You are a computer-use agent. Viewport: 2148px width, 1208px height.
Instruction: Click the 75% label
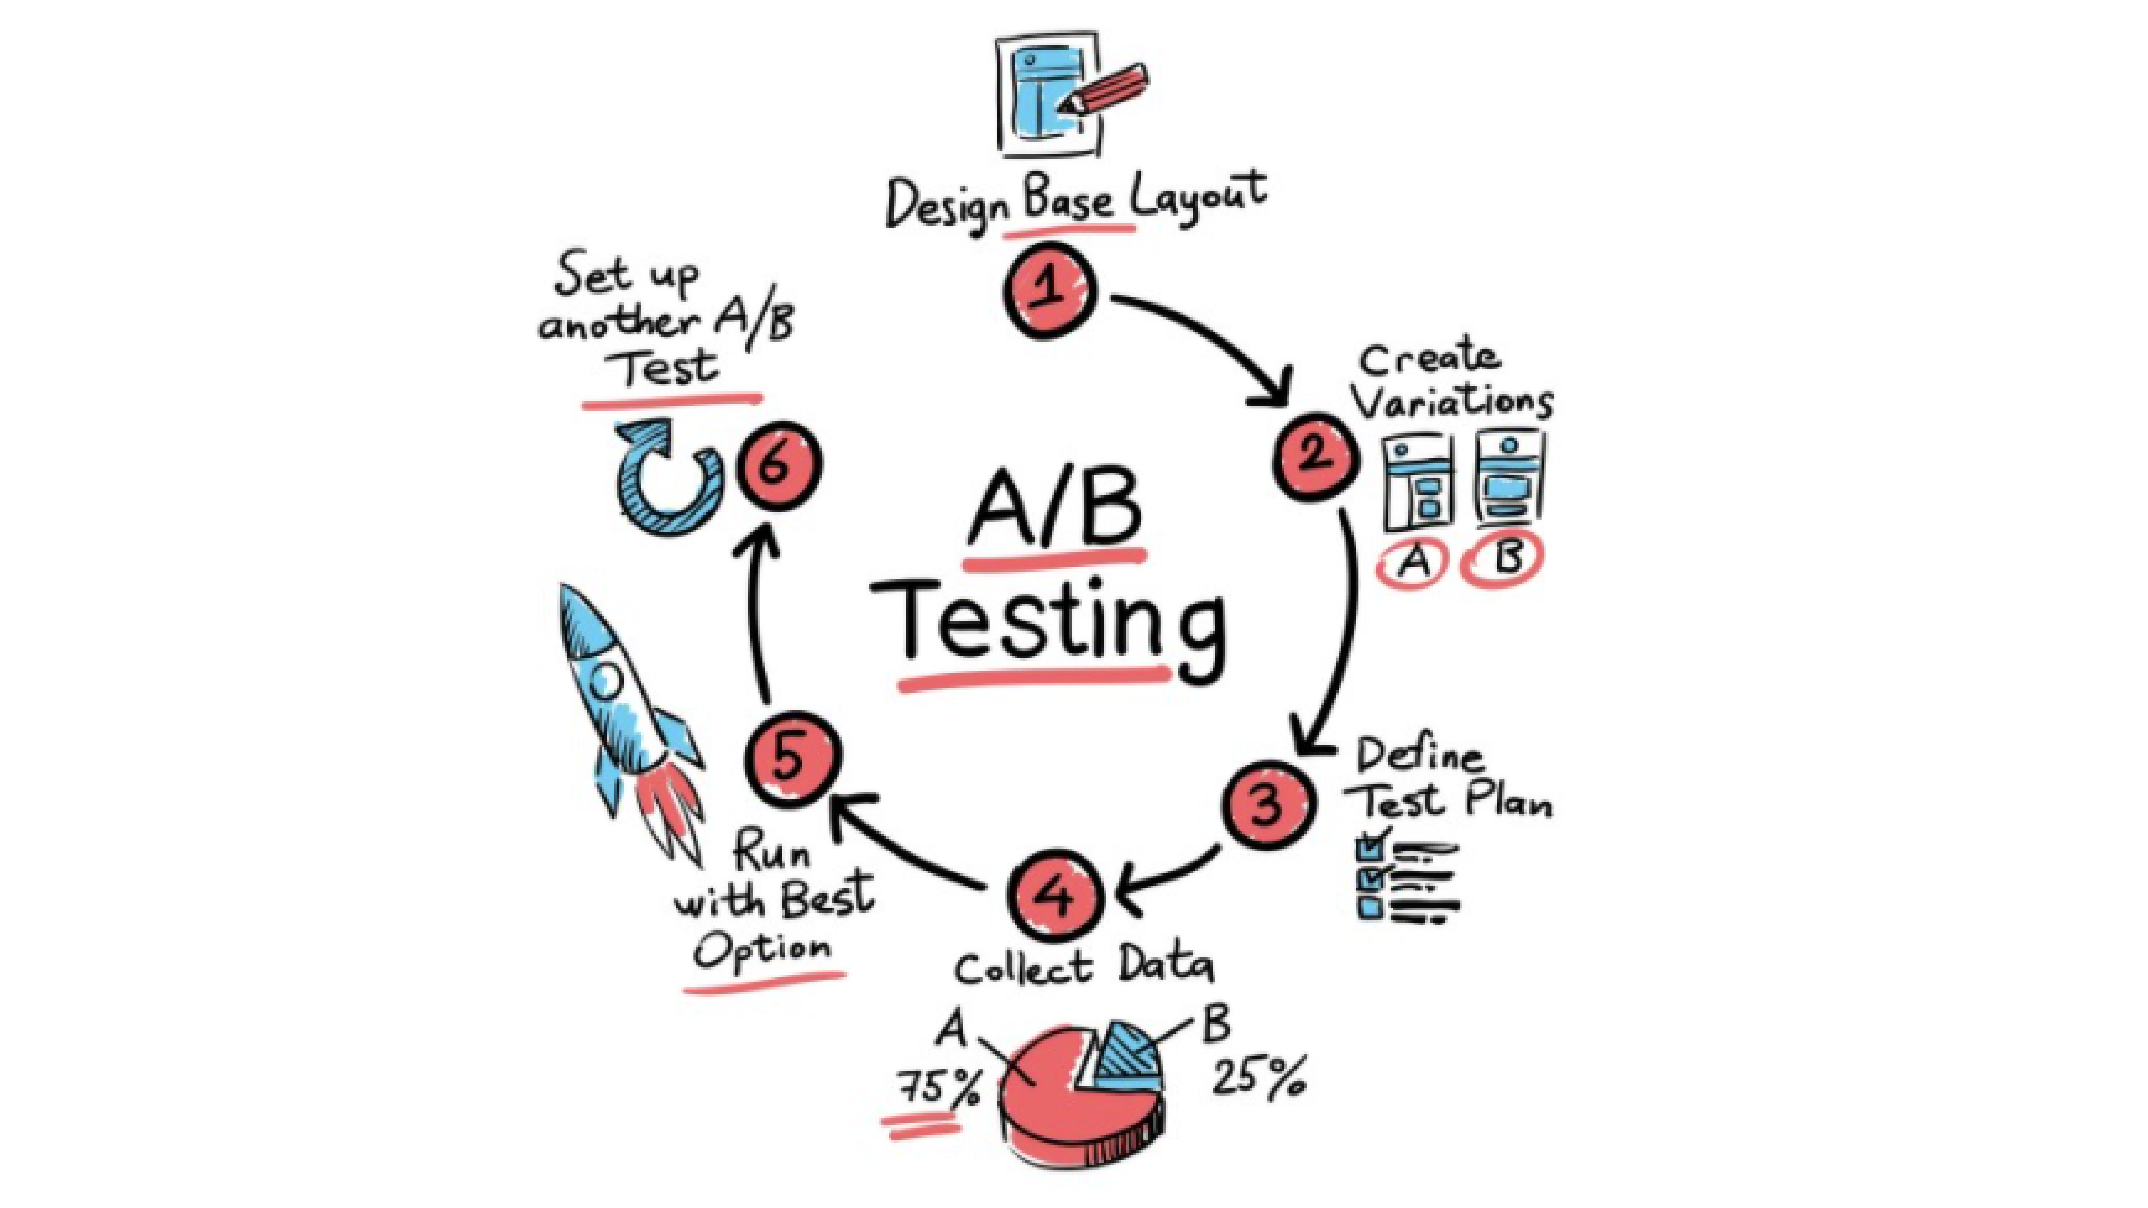(x=938, y=1086)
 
